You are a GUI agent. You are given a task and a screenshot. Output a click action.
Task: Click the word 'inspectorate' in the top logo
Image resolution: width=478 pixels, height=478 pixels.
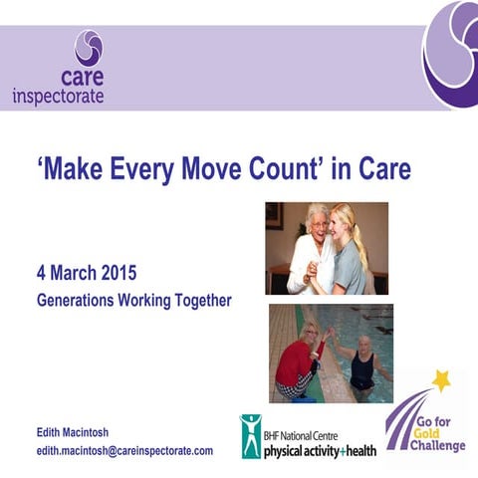point(58,97)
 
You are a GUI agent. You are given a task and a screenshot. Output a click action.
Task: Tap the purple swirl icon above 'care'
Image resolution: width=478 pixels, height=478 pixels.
point(89,47)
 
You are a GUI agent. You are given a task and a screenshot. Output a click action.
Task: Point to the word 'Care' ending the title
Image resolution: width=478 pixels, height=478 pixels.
point(383,170)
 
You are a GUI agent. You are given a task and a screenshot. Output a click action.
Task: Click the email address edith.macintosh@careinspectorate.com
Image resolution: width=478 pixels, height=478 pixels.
point(124,450)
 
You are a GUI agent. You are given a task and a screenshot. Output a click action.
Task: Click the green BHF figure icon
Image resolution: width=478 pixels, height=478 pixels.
point(250,435)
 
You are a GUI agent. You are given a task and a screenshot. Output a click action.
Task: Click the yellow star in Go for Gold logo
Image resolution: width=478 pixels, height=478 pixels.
point(440,381)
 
